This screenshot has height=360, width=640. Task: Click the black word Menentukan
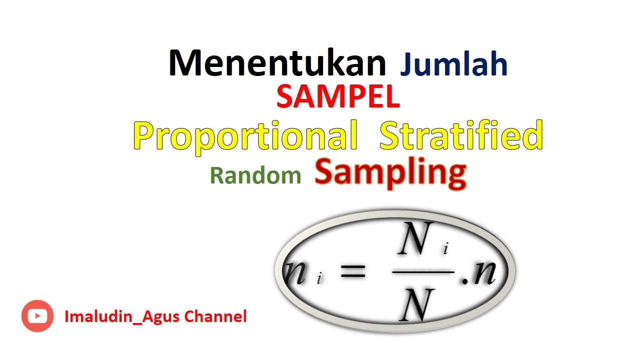tap(277, 63)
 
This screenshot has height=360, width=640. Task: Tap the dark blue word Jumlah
tap(453, 65)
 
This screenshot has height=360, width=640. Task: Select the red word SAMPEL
tap(338, 97)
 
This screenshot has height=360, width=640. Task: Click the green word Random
tap(255, 175)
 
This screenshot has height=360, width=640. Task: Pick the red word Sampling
tap(390, 173)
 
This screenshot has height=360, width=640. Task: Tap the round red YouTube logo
tap(37, 316)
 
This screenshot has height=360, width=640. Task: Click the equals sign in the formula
tap(352, 273)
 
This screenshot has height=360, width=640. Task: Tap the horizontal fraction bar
tap(423, 272)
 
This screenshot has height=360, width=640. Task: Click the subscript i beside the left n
tap(319, 279)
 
